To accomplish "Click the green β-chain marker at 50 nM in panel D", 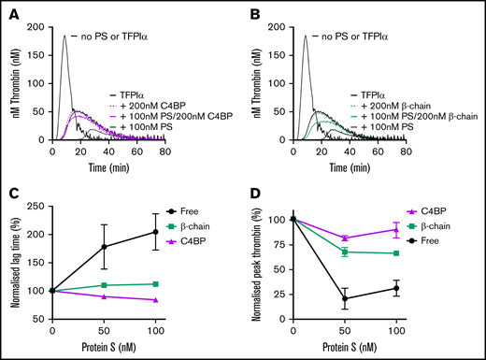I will pos(346,252).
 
